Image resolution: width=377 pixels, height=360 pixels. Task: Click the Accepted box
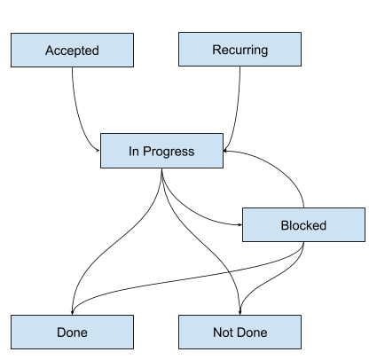72,50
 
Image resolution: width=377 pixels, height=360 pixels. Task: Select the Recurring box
240,50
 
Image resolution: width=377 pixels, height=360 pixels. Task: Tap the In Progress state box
161,150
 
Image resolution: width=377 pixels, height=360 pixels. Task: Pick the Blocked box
303,224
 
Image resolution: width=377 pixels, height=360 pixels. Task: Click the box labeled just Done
72,332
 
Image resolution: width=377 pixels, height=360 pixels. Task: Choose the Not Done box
240,332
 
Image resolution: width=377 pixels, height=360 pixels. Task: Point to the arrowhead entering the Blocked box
239,224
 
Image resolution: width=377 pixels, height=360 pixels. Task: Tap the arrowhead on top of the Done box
72,311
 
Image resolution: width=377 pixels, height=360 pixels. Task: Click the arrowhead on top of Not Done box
240,311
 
